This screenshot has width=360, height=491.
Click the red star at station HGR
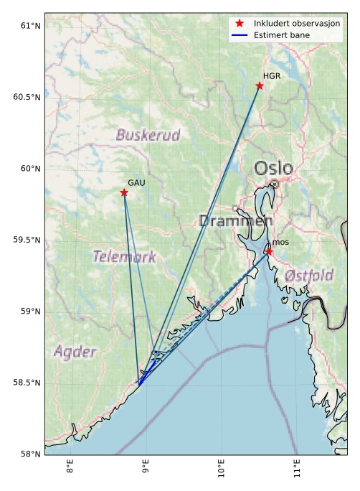point(260,86)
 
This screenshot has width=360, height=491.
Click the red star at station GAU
point(124,192)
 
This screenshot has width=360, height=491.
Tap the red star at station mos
point(268,252)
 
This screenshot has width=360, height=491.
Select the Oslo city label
point(273,169)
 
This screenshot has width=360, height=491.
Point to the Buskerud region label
point(148,135)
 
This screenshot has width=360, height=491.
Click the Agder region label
point(75,352)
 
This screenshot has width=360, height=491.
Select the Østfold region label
point(308,276)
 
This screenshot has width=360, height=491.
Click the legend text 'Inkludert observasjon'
point(297,24)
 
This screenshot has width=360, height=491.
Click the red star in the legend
point(240,24)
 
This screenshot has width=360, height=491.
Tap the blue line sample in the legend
point(240,35)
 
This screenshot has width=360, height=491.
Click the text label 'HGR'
point(271,76)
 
